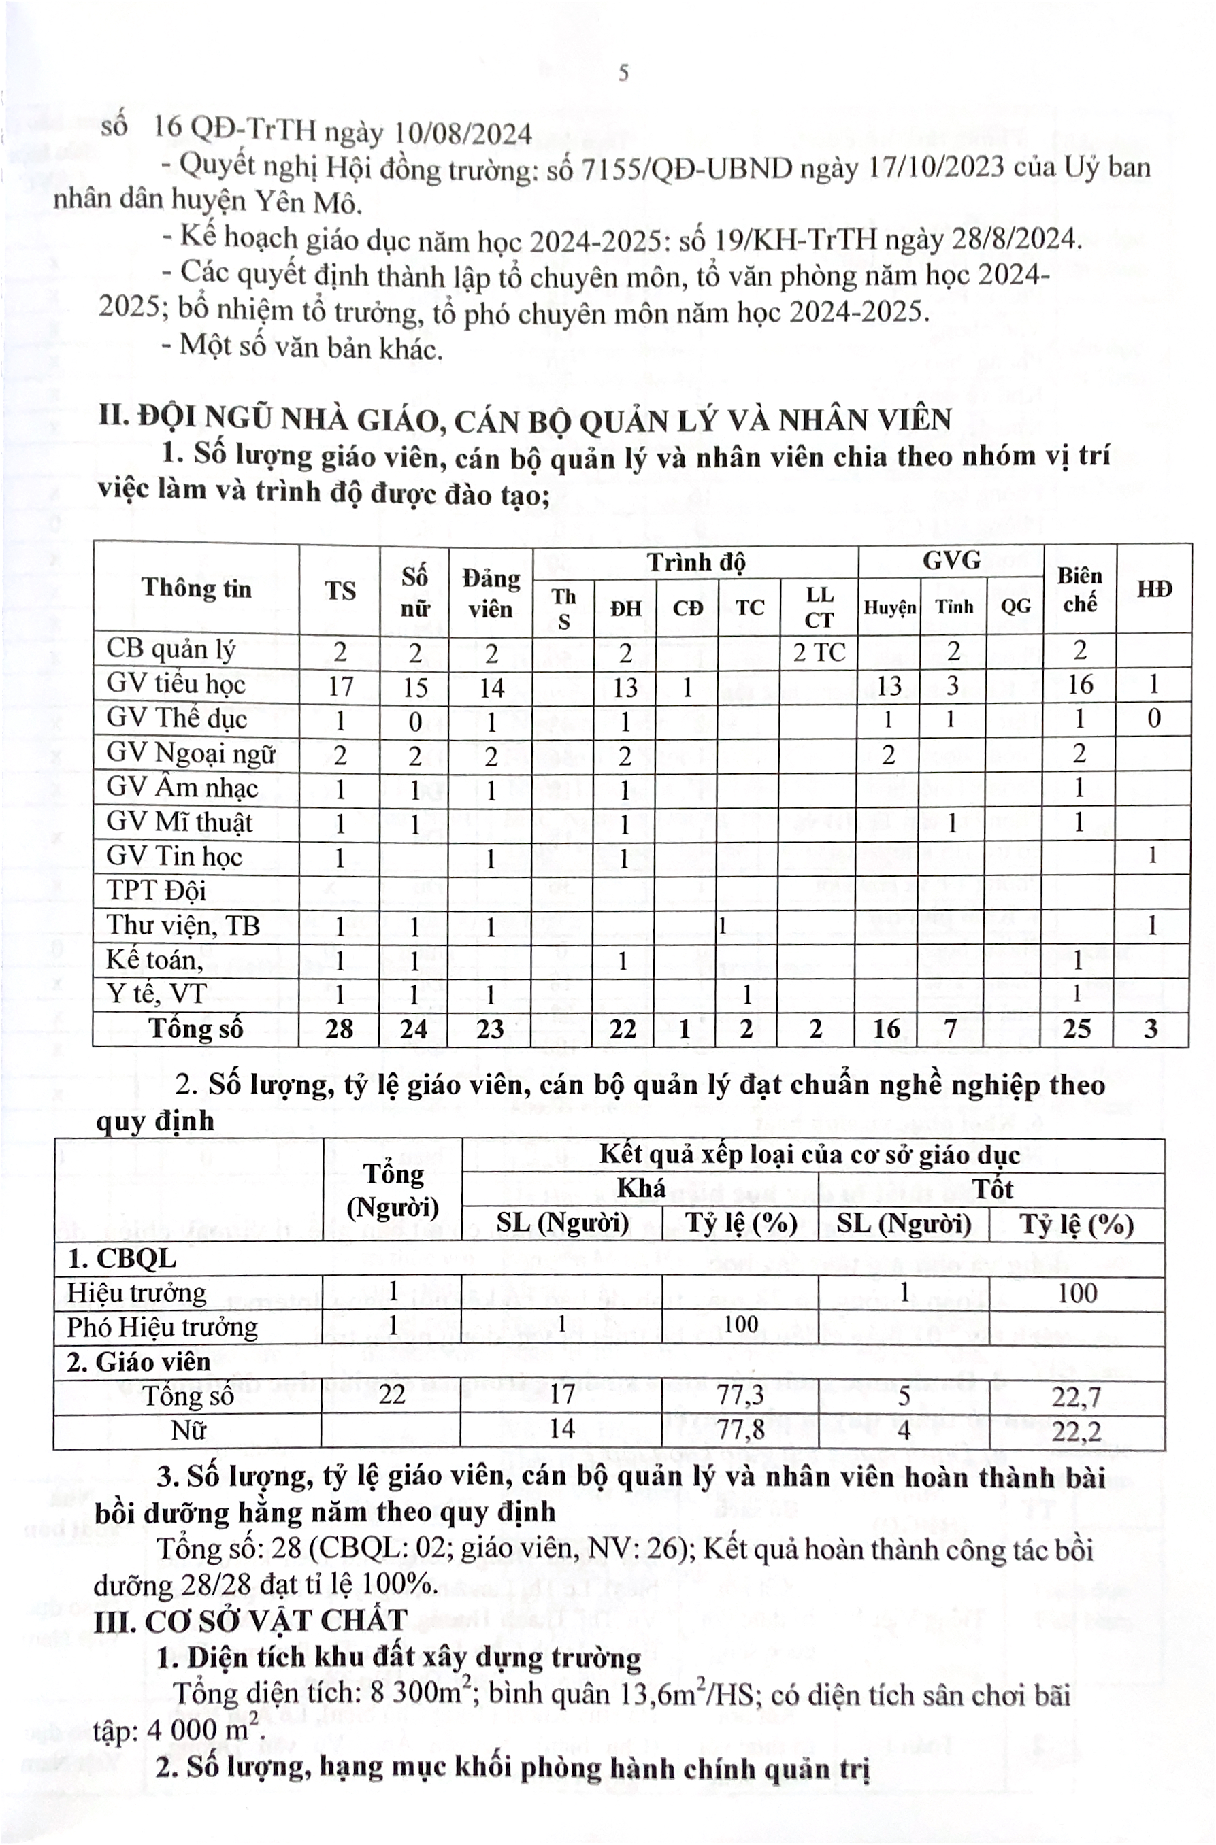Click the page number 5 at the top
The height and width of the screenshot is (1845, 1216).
[623, 73]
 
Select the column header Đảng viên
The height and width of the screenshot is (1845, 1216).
[490, 593]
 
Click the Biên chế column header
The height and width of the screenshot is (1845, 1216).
[1079, 589]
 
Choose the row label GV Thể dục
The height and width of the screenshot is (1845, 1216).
[176, 720]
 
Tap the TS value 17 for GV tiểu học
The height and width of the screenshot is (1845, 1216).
[340, 687]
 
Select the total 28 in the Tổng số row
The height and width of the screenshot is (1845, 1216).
[340, 1030]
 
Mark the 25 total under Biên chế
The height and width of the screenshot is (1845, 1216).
[1077, 1030]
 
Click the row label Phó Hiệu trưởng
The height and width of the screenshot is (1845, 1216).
[162, 1327]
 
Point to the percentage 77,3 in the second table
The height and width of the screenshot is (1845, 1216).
[740, 1395]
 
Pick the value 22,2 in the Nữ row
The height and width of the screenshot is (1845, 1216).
[1077, 1430]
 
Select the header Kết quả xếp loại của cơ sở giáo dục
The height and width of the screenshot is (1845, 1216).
[810, 1155]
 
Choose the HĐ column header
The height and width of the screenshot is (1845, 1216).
[1154, 589]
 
